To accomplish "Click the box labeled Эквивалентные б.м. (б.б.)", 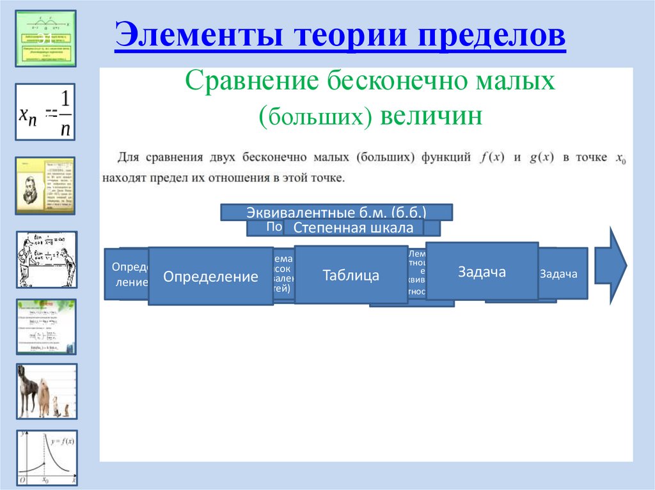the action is point(336,212).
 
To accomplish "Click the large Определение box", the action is point(210,277).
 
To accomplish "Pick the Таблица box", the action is point(351,275).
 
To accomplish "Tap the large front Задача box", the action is point(481,272).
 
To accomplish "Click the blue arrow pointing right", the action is point(611,264).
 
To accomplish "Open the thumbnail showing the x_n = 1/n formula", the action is point(45,112).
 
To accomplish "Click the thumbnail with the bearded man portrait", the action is point(45,185).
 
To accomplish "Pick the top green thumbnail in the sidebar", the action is point(45,38).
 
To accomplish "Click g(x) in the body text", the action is point(541,158).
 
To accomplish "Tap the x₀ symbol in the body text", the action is point(619,158).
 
